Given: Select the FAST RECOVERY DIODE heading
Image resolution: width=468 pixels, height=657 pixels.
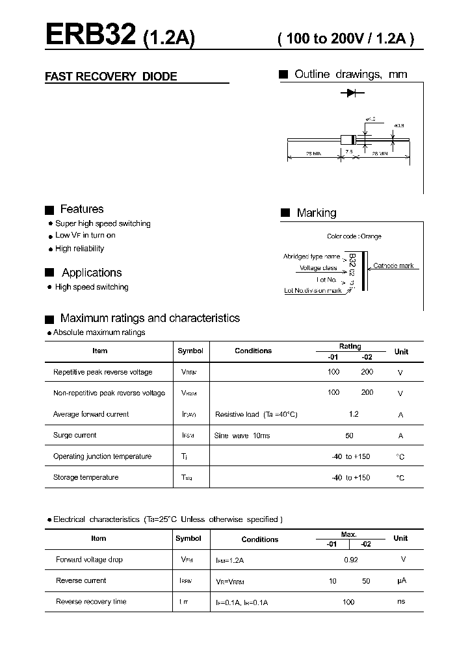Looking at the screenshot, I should click(110, 77).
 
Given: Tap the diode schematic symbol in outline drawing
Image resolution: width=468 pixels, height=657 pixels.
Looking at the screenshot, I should click(352, 93).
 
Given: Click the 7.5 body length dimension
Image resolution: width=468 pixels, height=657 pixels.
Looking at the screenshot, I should click(349, 152).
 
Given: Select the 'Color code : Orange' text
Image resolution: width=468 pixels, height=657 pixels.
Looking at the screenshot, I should click(354, 236).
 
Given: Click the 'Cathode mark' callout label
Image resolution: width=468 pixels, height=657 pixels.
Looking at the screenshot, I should click(393, 266).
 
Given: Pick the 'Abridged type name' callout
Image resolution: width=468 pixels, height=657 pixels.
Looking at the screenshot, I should click(311, 257).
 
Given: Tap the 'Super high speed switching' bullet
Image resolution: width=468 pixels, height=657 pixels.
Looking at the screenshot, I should click(103, 223).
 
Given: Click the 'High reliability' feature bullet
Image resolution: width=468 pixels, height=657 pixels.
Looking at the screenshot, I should click(79, 249).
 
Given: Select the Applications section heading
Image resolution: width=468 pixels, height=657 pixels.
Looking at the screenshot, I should click(92, 273).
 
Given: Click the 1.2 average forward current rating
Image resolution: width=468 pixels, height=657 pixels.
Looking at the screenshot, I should click(354, 414).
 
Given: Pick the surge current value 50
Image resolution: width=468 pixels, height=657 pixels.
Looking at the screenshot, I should click(350, 436).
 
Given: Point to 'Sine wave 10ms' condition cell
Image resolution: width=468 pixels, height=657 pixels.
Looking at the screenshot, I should click(242, 436).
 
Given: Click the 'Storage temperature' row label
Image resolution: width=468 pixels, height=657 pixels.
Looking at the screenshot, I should click(86, 478).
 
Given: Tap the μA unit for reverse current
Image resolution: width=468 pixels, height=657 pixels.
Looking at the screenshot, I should click(401, 581).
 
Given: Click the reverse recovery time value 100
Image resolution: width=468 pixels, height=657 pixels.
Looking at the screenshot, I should click(348, 602).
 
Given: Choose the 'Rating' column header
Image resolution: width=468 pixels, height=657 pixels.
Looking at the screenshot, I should click(350, 347).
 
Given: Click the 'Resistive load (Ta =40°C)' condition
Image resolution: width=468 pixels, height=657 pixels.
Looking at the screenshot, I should click(256, 414).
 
